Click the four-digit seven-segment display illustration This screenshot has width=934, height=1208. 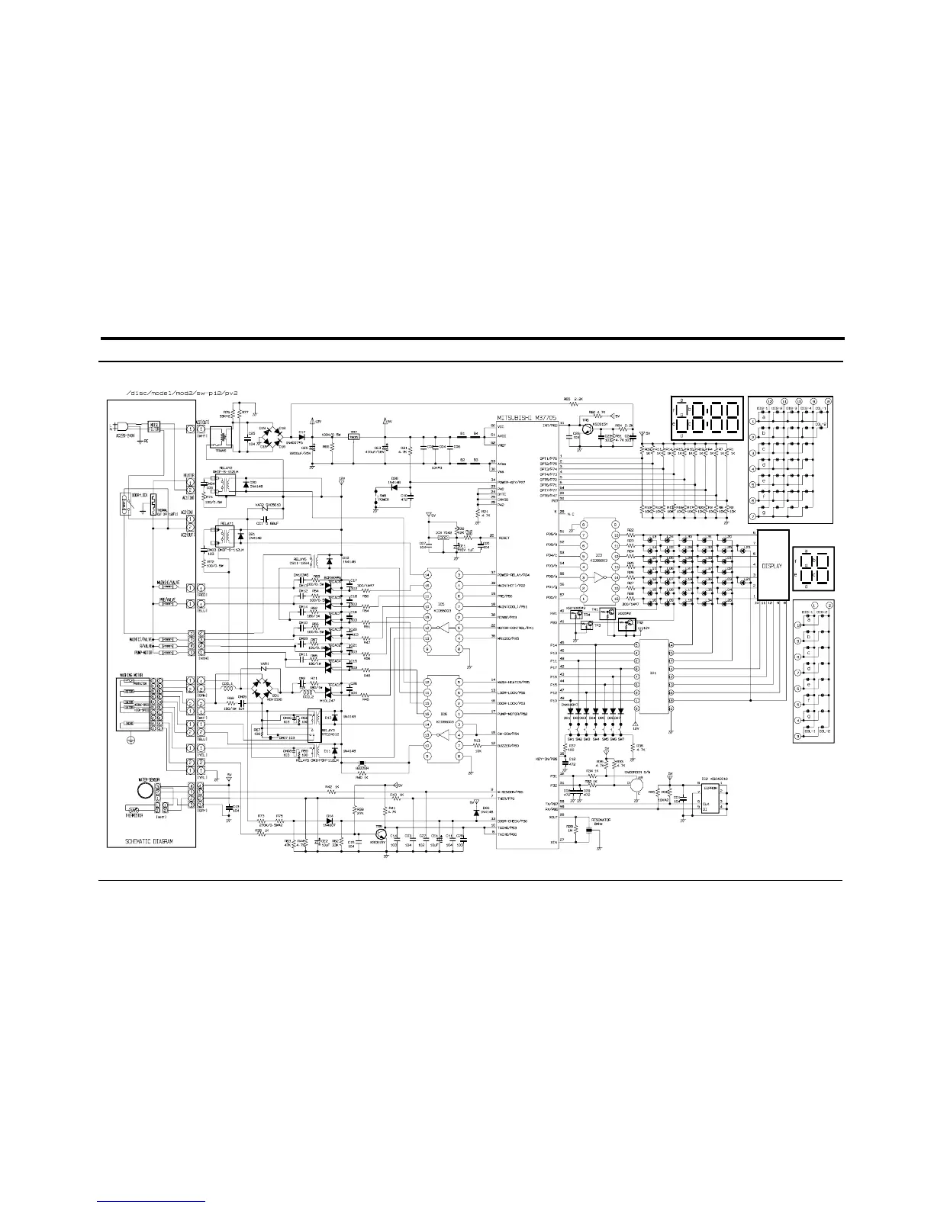(x=705, y=419)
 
